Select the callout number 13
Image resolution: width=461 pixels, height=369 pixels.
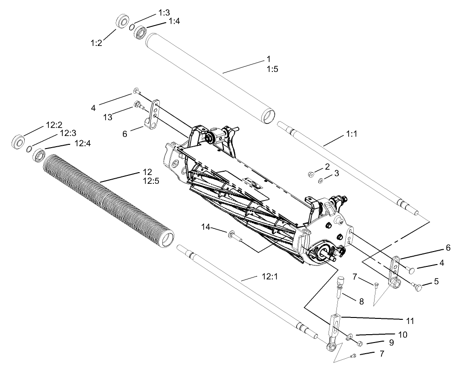click(x=108, y=118)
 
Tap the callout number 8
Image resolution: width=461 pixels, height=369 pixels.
click(x=360, y=301)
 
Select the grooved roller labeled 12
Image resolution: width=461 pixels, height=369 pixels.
click(x=107, y=200)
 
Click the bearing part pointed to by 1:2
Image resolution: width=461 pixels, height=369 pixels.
click(x=123, y=22)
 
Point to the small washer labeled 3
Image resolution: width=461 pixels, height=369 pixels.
click(x=321, y=180)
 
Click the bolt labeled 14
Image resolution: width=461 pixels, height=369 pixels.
click(x=234, y=237)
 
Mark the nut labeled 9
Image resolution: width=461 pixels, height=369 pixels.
click(x=359, y=343)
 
